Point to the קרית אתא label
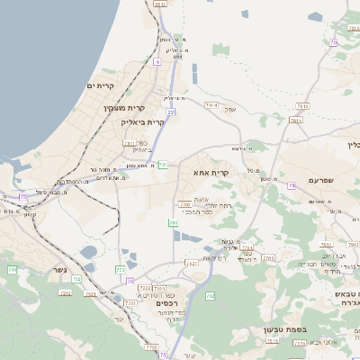pyautogui.click(x=211, y=170)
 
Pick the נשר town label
pyautogui.click(x=60, y=293)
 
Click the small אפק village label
pyautogui.click(x=229, y=110)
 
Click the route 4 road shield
pyautogui.click(x=157, y=62)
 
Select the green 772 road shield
pyautogui.click(x=121, y=270)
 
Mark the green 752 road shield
pyautogui.click(x=76, y=280)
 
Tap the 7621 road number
pyautogui.click(x=192, y=263)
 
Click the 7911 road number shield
pyautogui.click(x=212, y=105)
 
